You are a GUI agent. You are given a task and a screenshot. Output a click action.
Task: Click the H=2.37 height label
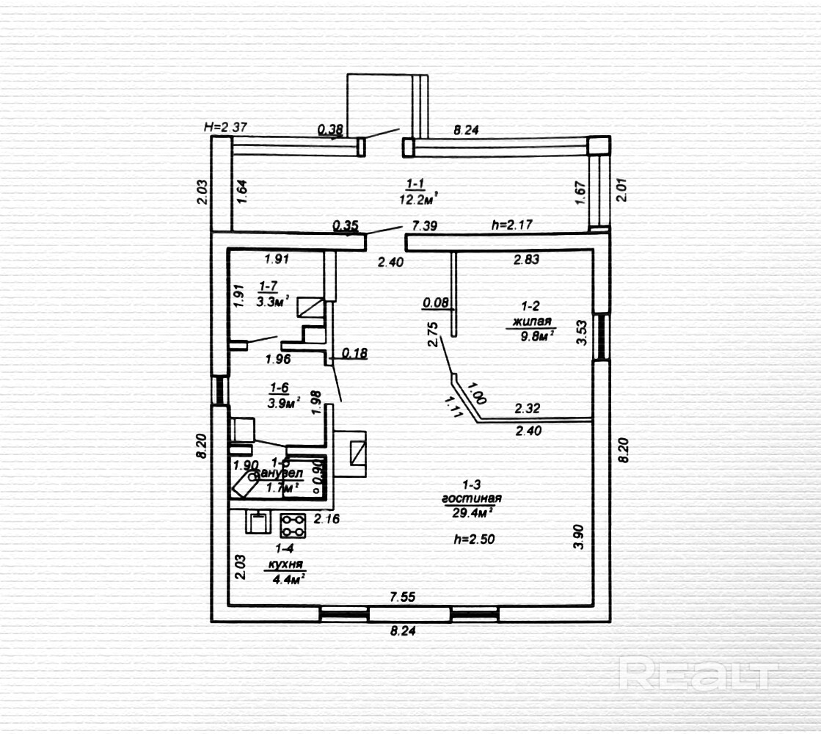click(225, 127)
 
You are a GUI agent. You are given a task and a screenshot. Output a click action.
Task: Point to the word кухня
click(285, 565)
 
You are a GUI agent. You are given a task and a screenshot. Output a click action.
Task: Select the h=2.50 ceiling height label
click(474, 539)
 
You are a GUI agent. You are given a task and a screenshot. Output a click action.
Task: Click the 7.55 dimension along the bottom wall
click(402, 597)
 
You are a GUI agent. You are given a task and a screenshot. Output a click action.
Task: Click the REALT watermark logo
click(697, 673)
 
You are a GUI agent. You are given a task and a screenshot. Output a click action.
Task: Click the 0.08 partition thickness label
click(436, 302)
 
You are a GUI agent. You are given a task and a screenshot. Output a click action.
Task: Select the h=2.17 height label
click(511, 225)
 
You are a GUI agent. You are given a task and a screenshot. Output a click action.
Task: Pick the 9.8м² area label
click(534, 336)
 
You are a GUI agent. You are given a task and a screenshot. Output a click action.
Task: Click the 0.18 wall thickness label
click(355, 354)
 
